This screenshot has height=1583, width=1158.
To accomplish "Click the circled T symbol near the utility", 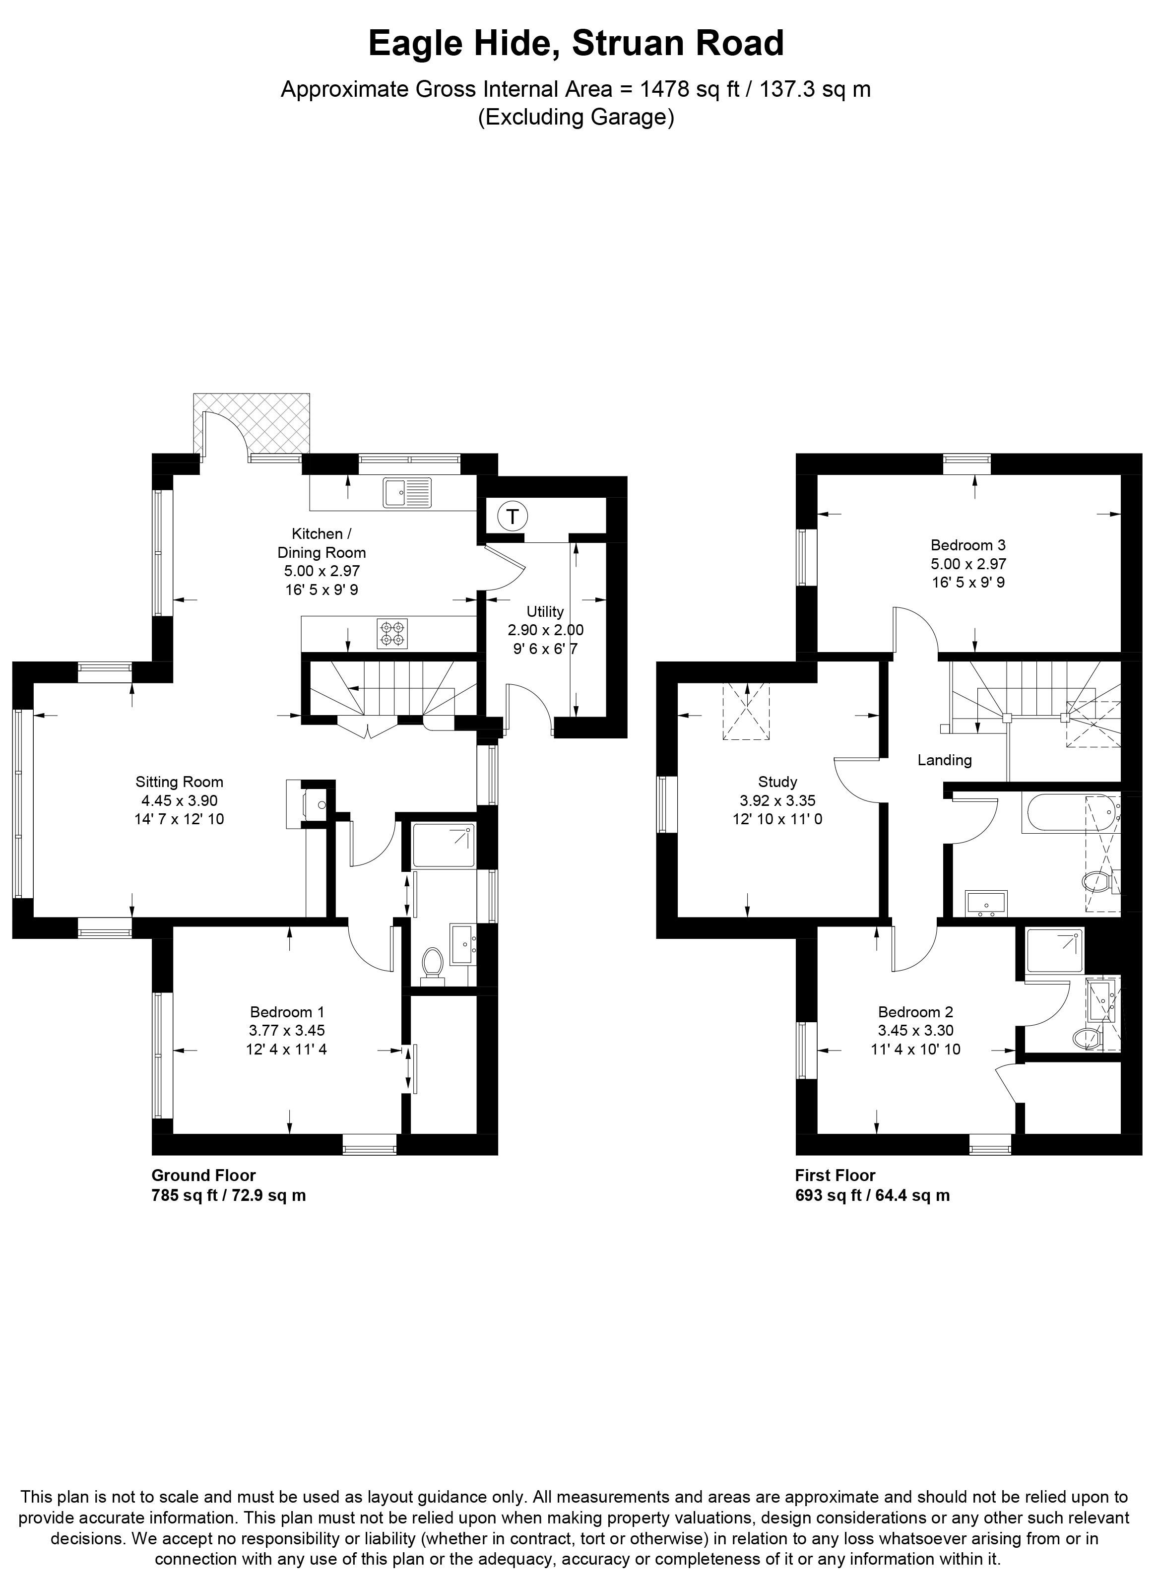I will pyautogui.click(x=513, y=518).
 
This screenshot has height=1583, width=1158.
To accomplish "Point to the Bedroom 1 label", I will pyautogui.click(x=287, y=1012).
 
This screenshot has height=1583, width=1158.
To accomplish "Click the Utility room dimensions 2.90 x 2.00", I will pyautogui.click(x=545, y=630).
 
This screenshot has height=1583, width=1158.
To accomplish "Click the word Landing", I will pyautogui.click(x=944, y=760).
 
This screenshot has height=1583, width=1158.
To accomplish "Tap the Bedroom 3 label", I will pyautogui.click(x=967, y=545).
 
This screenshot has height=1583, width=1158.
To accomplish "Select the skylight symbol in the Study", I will pyautogui.click(x=747, y=712).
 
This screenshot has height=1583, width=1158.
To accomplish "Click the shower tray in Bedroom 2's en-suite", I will pyautogui.click(x=1053, y=951).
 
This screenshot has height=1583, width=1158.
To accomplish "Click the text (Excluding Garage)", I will pyautogui.click(x=576, y=117).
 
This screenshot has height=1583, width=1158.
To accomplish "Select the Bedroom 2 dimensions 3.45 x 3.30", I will pyautogui.click(x=915, y=1031).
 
